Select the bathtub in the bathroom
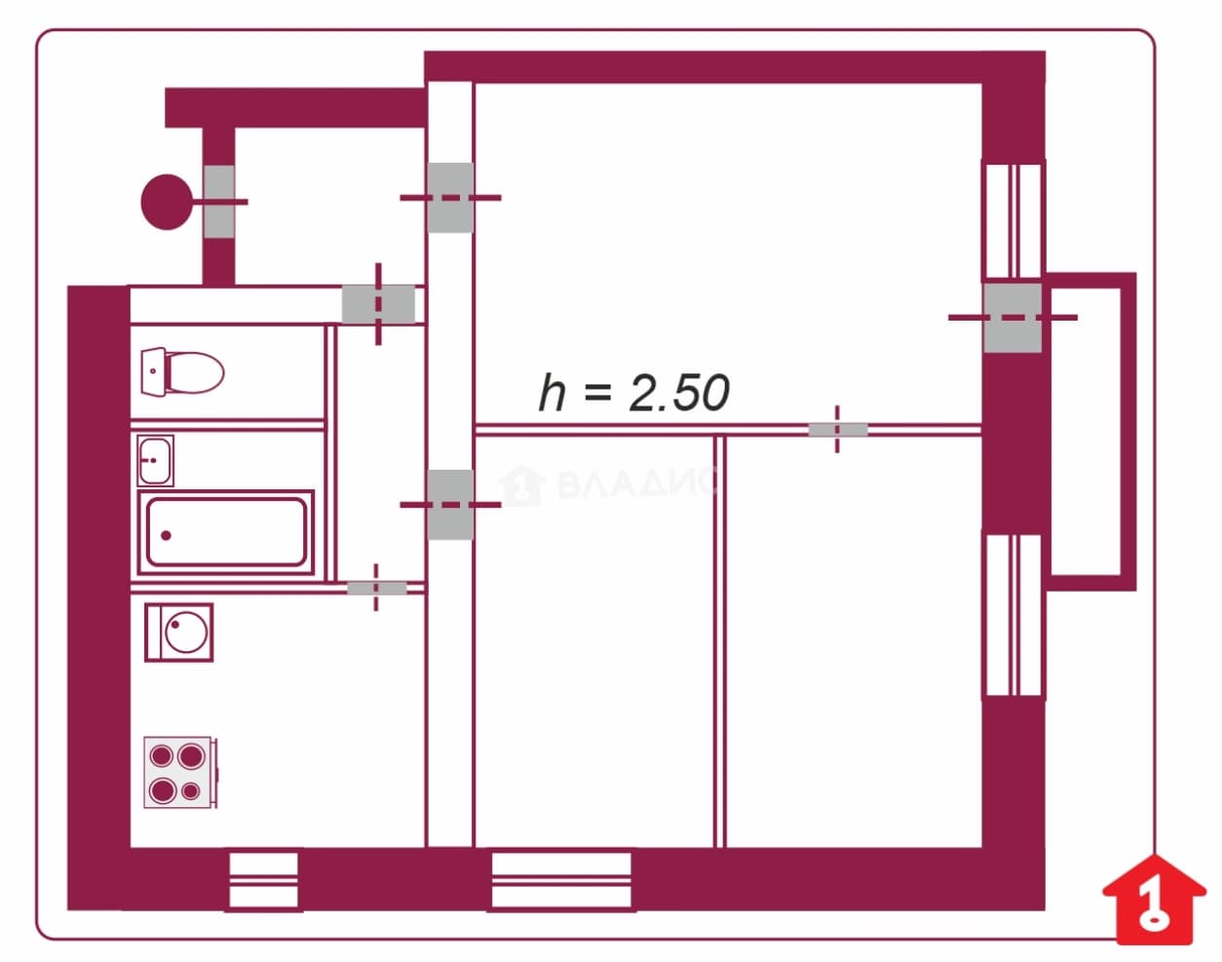pos(226,533)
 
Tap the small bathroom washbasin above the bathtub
pos(155,461)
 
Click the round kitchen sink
pos(179,633)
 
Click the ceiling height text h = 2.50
pos(633,392)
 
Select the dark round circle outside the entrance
pos(167,202)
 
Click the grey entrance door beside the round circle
pos(219,202)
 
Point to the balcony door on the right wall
pos(1012,318)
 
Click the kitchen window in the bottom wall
pos(263,880)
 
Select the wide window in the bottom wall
pos(561,880)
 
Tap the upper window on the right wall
pos(1013,220)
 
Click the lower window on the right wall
pos(1013,616)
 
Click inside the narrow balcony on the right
pos(1086,432)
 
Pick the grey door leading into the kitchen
pos(377,588)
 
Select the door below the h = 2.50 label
pos(838,429)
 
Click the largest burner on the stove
pos(191,756)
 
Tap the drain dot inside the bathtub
pos(166,535)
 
